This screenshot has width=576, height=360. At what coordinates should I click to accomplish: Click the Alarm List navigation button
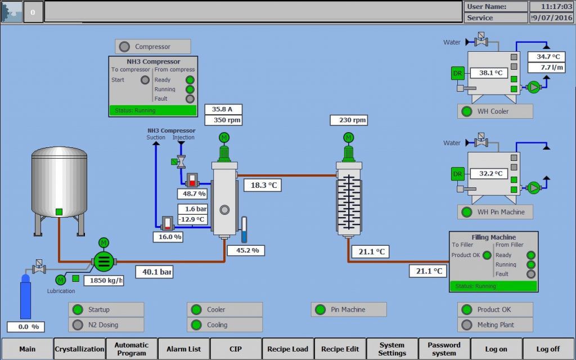point(184,349)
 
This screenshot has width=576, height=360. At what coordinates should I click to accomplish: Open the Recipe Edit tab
point(340,349)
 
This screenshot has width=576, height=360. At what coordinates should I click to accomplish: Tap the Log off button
point(548,349)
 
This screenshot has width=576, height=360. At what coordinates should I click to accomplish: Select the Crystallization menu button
point(79,349)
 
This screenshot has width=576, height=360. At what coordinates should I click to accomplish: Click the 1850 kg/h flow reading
point(104,280)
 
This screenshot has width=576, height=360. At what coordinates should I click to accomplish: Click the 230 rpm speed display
point(353,120)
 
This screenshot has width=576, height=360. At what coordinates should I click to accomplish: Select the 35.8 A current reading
point(223,109)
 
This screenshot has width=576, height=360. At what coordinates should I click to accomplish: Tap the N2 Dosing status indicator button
point(106,325)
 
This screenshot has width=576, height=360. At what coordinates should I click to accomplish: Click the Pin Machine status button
point(348,309)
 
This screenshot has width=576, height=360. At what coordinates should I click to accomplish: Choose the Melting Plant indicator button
point(496,325)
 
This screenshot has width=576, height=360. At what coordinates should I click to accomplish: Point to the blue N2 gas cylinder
point(25,297)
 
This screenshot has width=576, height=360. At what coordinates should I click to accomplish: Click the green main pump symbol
point(103,261)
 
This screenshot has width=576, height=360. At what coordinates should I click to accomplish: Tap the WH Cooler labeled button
point(495,111)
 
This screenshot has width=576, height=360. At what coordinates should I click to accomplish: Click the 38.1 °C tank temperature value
point(490,73)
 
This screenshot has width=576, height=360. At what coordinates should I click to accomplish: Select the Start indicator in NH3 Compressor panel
point(145,80)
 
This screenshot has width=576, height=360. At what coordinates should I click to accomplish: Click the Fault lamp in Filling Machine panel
point(530,274)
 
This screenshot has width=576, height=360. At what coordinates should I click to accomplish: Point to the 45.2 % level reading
point(246,250)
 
